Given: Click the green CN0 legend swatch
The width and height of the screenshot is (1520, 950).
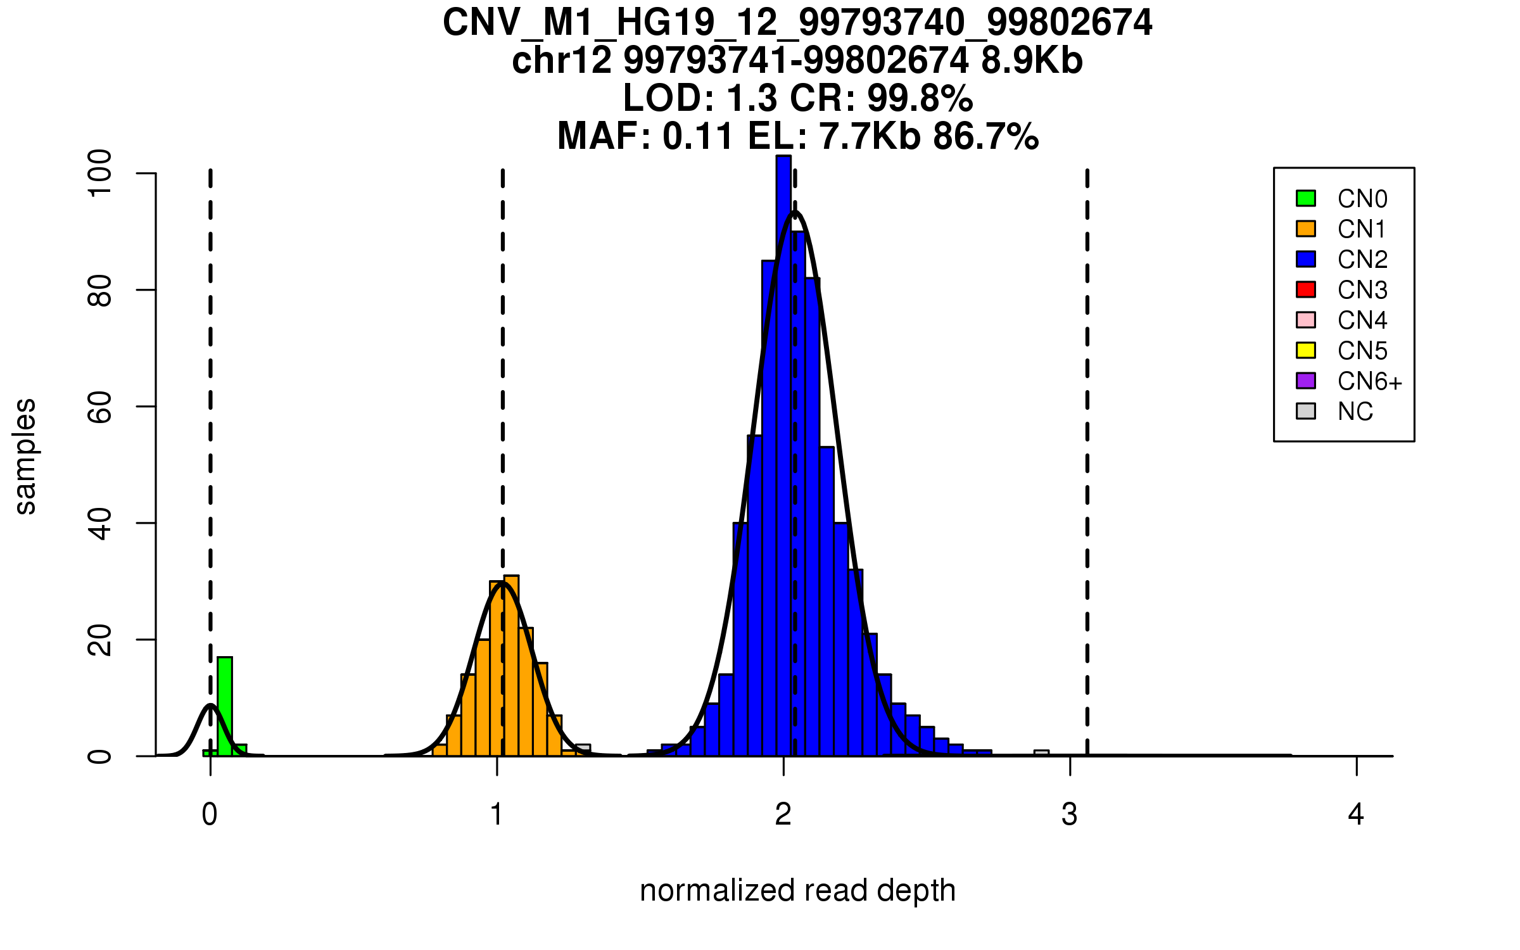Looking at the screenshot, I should tap(1306, 198).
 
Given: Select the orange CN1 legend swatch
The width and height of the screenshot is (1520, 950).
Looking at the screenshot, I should tap(1306, 229).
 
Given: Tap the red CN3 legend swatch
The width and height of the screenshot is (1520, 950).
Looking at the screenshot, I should tap(1306, 289).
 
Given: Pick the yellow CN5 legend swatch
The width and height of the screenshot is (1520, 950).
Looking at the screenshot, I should tap(1306, 350).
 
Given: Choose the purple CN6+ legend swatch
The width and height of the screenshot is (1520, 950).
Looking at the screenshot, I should tap(1306, 381).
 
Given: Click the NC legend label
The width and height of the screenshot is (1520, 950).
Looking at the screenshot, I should tap(1355, 412).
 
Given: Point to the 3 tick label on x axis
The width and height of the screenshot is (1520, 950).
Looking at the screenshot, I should tap(1070, 814).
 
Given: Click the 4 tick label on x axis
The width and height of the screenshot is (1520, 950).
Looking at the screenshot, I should tap(1356, 814).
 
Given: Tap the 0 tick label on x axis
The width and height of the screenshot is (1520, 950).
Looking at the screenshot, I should tap(210, 814).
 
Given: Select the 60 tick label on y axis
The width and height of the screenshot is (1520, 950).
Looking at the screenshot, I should tap(99, 407).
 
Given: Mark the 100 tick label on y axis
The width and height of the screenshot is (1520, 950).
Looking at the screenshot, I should tap(99, 173).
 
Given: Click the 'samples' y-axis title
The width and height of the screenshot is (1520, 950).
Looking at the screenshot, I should tap(25, 456).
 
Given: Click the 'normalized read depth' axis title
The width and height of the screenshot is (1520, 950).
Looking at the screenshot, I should tap(797, 890).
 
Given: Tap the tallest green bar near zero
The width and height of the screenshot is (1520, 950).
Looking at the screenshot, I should tap(225, 706).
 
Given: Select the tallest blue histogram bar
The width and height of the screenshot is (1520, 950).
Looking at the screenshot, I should tap(783, 456).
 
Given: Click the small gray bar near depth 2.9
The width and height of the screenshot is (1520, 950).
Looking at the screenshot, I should tap(1041, 753).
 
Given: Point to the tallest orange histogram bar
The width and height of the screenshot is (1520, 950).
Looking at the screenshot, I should tap(511, 665).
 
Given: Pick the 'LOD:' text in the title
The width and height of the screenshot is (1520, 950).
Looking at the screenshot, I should tap(669, 98).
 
